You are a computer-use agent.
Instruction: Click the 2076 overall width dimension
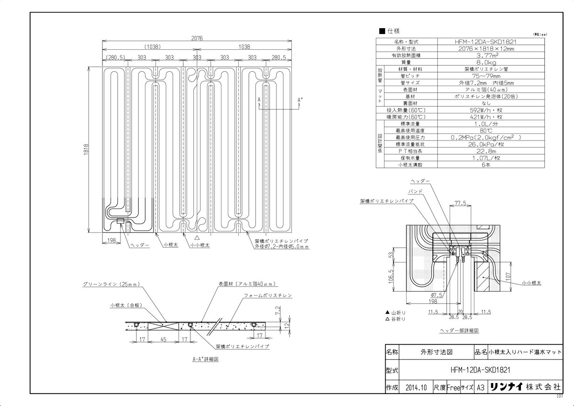pyautogui.click(x=196, y=38)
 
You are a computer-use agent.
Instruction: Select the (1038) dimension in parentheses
pyautogui.click(x=151, y=47)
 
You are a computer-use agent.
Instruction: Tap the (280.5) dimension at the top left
pyautogui.click(x=115, y=57)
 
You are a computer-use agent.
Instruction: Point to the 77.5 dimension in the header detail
pyautogui.click(x=460, y=203)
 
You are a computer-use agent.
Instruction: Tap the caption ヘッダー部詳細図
pyautogui.click(x=459, y=330)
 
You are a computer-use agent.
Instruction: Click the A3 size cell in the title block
pyautogui.click(x=481, y=388)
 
